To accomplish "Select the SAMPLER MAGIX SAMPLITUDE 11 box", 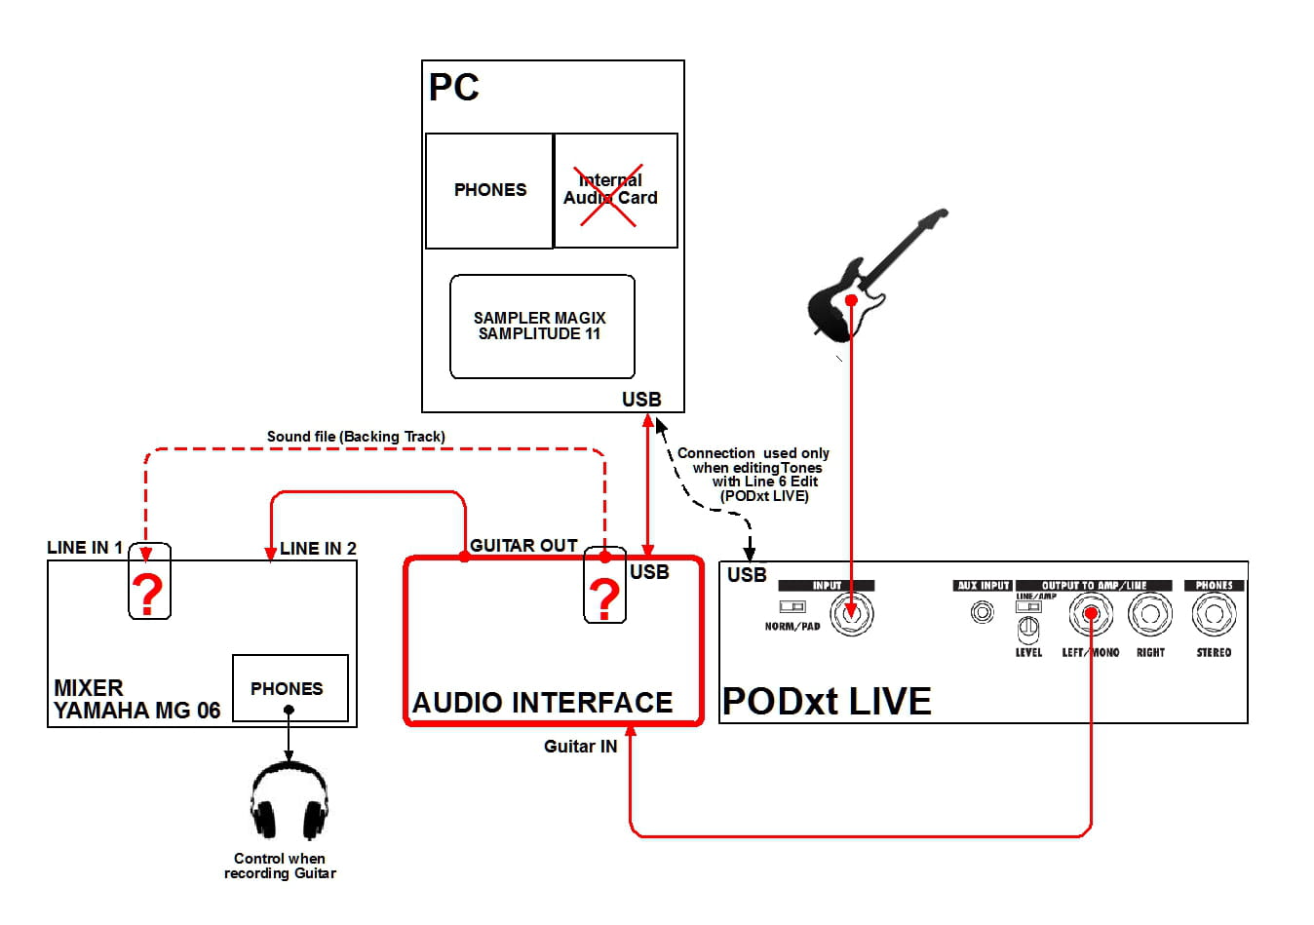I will click(541, 327).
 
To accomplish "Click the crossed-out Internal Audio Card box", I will click(614, 190).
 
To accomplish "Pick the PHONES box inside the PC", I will click(489, 190).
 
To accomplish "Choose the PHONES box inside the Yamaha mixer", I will click(290, 688).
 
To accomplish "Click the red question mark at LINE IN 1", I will click(148, 592).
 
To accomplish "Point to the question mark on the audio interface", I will click(604, 597).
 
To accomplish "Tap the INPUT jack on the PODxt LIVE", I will click(851, 614).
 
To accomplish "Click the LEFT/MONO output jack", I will click(1091, 614).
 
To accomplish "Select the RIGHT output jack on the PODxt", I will click(1150, 614).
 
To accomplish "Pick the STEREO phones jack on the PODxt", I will click(1214, 614).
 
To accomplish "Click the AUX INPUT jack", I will click(982, 612).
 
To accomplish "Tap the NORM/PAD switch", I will click(792, 607).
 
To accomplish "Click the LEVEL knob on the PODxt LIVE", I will click(1028, 629).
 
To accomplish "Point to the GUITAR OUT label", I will click(523, 546).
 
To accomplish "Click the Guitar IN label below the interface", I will click(580, 747).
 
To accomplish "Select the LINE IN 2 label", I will click(318, 549).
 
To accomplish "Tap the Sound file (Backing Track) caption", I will click(356, 437).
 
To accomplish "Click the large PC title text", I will click(454, 88).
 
